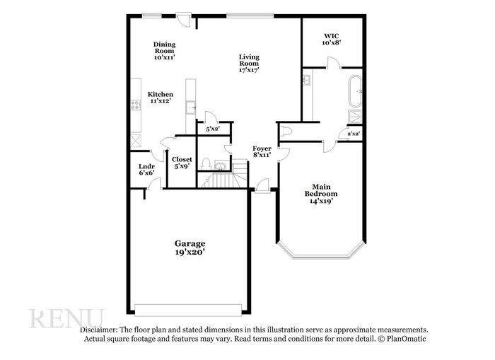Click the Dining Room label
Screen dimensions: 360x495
click(x=164, y=50)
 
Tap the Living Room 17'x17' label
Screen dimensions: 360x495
click(x=248, y=64)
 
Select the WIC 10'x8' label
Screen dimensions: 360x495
click(x=332, y=38)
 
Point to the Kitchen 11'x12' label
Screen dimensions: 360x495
click(x=161, y=98)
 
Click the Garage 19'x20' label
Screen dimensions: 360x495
click(x=190, y=248)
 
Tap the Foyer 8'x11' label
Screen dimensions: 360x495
click(x=262, y=151)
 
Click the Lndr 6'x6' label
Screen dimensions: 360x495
click(x=146, y=168)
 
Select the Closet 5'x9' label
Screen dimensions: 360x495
click(x=182, y=163)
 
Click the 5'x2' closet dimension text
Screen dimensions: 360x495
click(x=212, y=129)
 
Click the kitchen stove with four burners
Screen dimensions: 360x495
click(x=134, y=105)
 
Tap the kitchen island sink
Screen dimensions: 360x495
click(x=190, y=108)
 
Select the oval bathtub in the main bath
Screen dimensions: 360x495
click(x=356, y=91)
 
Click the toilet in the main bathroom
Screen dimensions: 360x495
click(x=286, y=130)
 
